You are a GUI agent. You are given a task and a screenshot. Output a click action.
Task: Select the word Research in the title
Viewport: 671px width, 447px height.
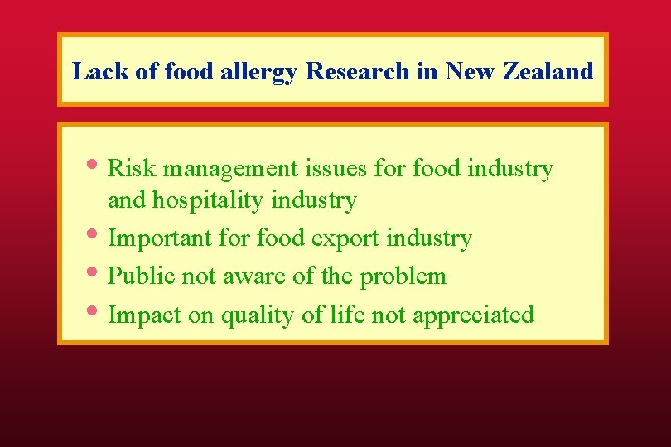[358, 71]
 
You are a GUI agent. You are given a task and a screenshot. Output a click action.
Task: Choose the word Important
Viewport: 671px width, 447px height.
[161, 239]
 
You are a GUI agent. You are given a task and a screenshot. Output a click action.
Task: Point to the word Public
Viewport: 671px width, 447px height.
[139, 276]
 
